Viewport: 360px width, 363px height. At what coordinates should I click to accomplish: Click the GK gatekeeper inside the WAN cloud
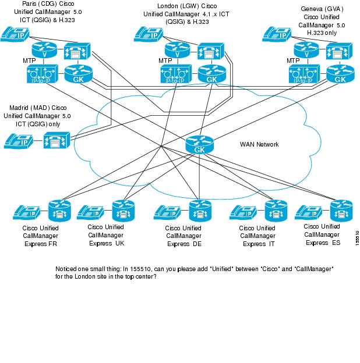197,146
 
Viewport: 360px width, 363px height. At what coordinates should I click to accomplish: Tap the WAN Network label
259,144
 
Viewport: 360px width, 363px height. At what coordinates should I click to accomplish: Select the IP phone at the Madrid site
22,140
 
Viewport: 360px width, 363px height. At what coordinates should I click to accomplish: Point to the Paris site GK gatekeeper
75,74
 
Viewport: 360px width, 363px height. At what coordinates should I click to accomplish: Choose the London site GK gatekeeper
208,74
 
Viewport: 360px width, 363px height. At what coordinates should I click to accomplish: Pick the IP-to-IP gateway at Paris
40,74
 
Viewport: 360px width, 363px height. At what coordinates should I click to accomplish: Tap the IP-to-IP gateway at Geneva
302,74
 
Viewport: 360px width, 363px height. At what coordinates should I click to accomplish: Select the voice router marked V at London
173,50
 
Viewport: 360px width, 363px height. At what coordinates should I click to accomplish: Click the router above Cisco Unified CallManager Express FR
58,210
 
